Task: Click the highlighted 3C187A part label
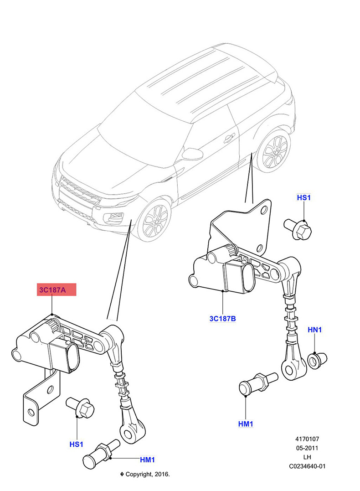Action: [x=57, y=289]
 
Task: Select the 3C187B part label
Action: [x=222, y=319]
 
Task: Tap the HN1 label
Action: [x=315, y=330]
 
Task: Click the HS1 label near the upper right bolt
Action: [x=303, y=197]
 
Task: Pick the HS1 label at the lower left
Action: [x=76, y=444]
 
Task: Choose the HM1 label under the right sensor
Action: [x=246, y=424]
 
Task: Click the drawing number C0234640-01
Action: [x=307, y=466]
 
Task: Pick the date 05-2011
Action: [x=307, y=448]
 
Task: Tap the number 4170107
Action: [x=307, y=439]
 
